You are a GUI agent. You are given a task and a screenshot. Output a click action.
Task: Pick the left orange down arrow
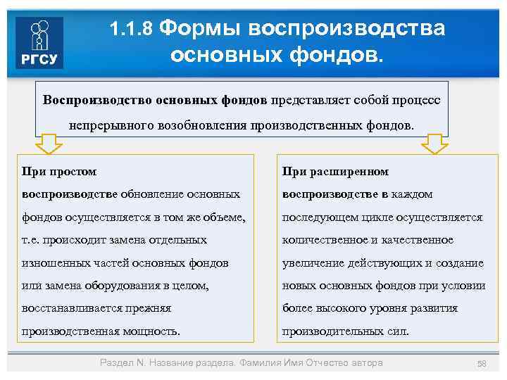(49, 144)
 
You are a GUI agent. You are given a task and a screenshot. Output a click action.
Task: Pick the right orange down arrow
(434, 144)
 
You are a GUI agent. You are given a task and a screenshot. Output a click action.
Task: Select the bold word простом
(73, 171)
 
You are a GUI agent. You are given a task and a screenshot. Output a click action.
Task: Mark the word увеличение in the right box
(312, 262)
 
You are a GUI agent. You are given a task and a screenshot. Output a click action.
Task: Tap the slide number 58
(482, 363)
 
